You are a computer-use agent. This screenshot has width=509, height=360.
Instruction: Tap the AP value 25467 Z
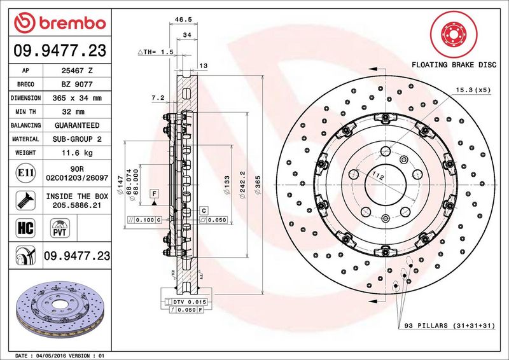79,70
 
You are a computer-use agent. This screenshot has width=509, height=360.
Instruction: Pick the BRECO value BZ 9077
79,84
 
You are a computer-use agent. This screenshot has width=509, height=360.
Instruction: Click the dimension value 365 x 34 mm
79,98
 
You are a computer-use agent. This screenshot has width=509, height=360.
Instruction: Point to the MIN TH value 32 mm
79,112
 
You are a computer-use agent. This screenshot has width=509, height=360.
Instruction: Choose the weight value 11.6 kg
79,153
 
